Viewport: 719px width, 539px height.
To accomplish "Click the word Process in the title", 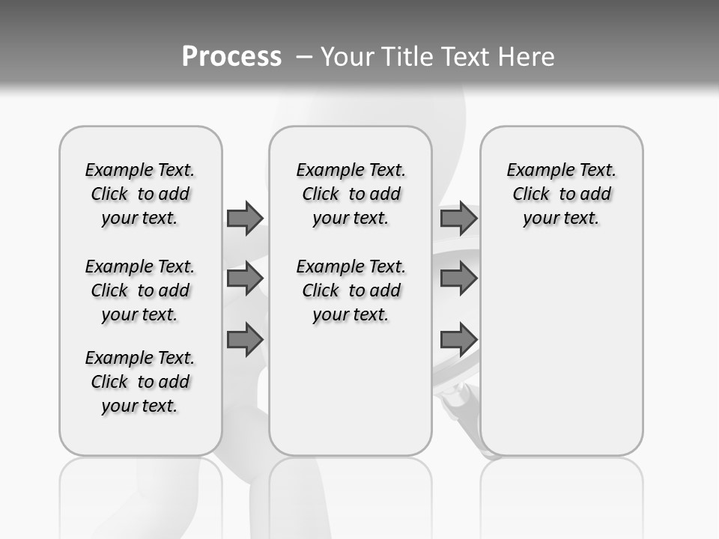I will pos(231,56).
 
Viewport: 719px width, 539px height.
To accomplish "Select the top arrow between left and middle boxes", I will pos(245,218).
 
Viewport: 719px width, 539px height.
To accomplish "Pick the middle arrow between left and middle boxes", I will pos(245,278).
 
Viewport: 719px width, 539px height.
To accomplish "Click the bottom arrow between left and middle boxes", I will pos(245,339).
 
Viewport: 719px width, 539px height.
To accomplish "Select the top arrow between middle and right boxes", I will pos(458,218).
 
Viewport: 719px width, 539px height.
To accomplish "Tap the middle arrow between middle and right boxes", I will pos(458,278).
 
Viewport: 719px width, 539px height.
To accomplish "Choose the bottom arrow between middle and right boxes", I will pos(458,339).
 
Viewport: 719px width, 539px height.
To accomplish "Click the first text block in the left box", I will pos(140,194).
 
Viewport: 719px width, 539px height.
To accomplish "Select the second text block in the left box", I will pos(140,290).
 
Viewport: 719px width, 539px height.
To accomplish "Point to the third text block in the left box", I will pos(140,382).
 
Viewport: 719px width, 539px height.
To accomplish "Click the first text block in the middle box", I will pos(351,194).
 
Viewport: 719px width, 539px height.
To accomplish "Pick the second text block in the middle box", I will pos(351,290).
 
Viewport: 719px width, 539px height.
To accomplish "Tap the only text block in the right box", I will pos(561,194).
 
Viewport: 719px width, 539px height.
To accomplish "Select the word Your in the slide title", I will pos(347,57).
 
